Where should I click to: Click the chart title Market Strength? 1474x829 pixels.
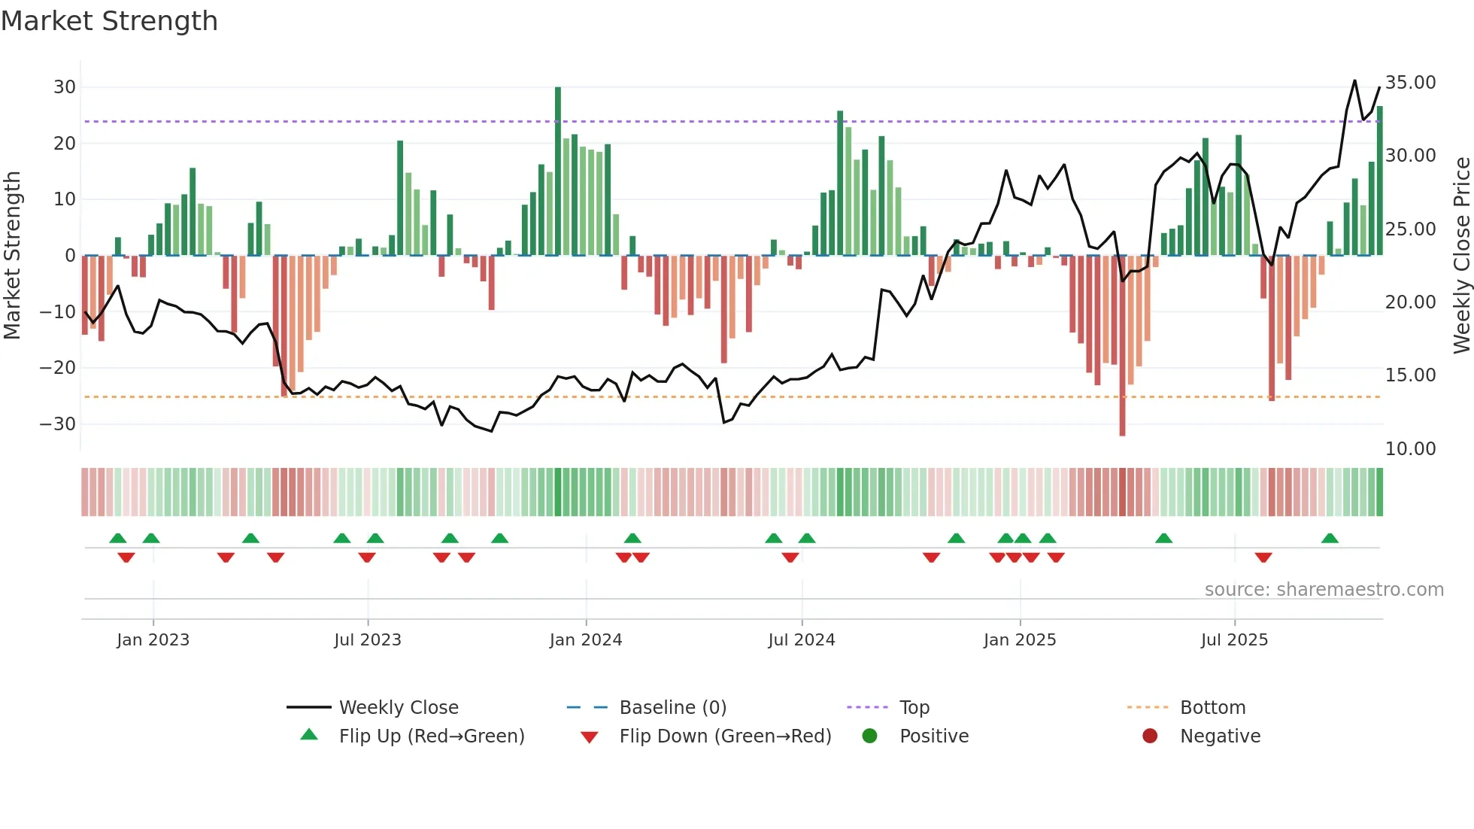(109, 21)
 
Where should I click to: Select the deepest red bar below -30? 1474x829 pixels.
(1122, 345)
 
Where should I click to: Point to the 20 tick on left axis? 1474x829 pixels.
(64, 143)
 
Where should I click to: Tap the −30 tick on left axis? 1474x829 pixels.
(58, 424)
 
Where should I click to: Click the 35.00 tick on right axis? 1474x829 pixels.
(1410, 83)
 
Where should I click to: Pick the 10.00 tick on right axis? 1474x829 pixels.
(1410, 449)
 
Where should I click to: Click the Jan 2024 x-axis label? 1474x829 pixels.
(586, 640)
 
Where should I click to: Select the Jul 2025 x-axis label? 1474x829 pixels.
(1234, 640)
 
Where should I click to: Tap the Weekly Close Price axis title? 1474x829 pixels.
(1461, 256)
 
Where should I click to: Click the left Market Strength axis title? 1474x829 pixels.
(12, 256)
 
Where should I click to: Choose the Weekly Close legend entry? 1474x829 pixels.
(398, 708)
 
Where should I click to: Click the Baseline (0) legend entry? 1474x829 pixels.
(672, 708)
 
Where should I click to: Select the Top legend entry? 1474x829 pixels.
(914, 708)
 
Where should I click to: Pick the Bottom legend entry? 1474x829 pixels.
(1212, 708)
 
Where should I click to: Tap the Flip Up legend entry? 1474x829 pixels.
(431, 736)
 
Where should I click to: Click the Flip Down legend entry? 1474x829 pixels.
(725, 736)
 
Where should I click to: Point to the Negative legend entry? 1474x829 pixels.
(1219, 736)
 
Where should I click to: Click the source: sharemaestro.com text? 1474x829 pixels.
(1324, 590)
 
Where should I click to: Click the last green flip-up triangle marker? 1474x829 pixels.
(1330, 539)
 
